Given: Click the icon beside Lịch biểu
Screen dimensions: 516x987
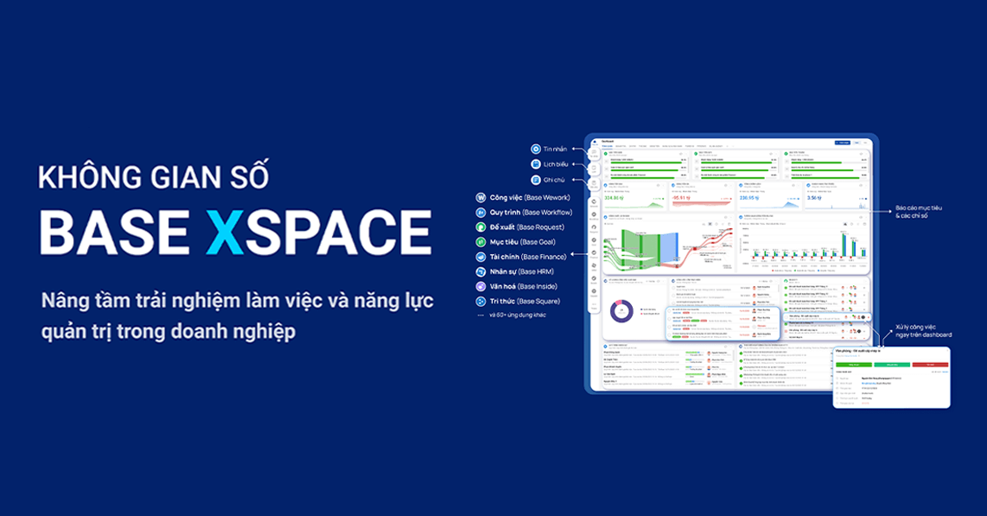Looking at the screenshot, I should (x=536, y=164).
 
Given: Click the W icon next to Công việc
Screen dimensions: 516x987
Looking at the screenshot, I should (x=481, y=197).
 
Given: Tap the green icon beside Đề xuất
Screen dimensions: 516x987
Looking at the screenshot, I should (x=481, y=226).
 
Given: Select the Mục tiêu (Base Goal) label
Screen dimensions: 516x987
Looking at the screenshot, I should (x=522, y=241).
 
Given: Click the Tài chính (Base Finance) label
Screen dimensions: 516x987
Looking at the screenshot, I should (x=528, y=257).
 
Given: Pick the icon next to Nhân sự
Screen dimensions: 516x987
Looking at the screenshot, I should (x=481, y=271).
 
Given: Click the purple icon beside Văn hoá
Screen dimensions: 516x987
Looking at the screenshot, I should (x=481, y=286).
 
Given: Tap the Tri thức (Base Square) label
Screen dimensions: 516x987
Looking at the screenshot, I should (x=525, y=301).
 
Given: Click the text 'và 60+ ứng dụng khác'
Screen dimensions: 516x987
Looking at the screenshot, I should (x=517, y=315).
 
